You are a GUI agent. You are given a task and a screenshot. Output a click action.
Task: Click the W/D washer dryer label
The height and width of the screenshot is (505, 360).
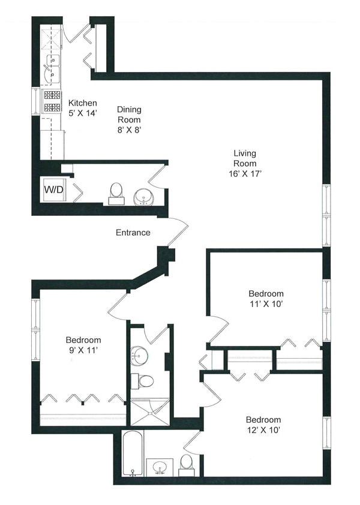53,190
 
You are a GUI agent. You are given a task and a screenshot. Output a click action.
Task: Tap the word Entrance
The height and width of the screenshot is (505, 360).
133,233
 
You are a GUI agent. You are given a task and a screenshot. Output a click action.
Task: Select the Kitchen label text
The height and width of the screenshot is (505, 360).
83,103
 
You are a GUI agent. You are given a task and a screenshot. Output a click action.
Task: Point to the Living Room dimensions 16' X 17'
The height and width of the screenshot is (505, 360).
245,174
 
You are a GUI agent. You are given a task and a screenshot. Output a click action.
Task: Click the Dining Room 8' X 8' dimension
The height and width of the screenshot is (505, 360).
130,130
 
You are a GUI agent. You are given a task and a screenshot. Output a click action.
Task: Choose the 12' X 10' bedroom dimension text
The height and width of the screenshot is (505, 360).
263,430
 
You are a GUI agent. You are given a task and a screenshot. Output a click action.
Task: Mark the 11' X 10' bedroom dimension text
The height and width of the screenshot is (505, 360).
266,303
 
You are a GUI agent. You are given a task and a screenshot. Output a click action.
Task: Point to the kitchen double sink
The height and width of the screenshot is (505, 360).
51,69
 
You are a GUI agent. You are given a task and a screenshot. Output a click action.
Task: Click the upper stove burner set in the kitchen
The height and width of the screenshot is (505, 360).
52,95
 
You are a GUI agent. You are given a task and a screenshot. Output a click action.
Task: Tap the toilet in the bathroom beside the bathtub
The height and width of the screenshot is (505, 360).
186,465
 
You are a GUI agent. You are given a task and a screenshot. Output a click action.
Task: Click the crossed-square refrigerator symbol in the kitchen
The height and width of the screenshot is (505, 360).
51,39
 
